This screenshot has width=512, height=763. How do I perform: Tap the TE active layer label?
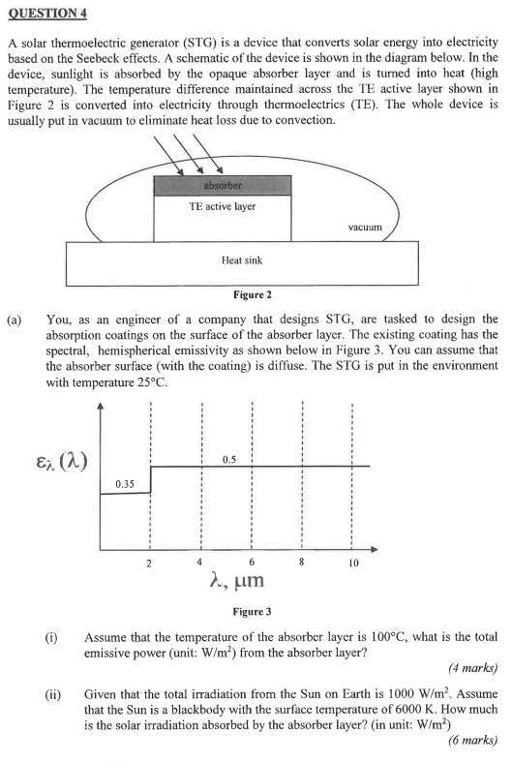point(223,206)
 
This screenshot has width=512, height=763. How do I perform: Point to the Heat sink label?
point(242,259)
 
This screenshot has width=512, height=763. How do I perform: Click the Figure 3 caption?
point(253,612)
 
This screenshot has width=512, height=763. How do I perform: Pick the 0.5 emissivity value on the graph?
point(229,457)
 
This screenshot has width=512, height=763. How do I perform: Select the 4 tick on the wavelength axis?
point(199,561)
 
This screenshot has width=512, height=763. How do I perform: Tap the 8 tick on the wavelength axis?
point(302,561)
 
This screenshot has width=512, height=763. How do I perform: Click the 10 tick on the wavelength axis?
point(353,563)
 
